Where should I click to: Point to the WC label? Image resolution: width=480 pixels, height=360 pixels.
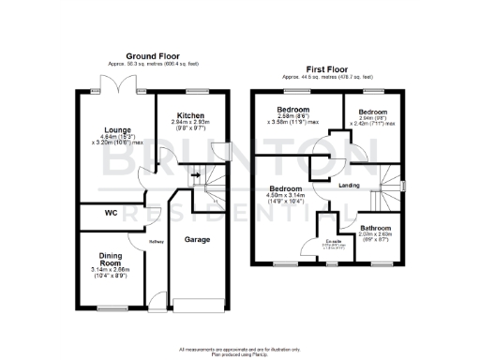[110, 214]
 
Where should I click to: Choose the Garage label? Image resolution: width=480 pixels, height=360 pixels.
[197, 240]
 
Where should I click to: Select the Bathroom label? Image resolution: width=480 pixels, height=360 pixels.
[377, 229]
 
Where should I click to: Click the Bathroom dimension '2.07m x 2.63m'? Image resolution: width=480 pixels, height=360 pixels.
[377, 236]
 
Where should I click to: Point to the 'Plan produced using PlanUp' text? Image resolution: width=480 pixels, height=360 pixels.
[240, 352]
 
